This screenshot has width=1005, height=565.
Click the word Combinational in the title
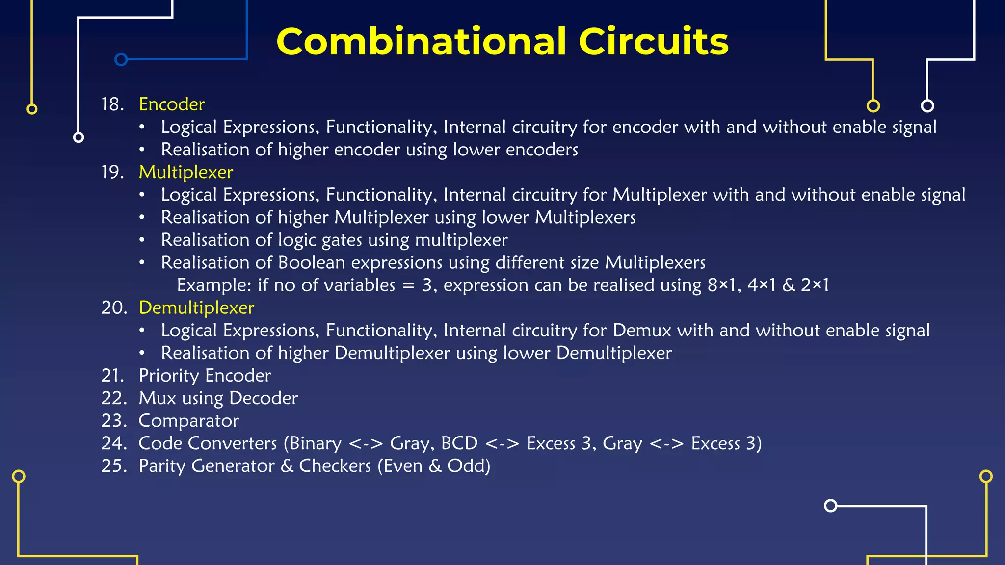click(421, 42)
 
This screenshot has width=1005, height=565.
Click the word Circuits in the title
click(654, 42)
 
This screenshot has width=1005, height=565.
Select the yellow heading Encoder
click(172, 104)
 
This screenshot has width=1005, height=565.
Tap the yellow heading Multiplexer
click(186, 172)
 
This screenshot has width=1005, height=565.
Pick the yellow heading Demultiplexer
click(196, 308)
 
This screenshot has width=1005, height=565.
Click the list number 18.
click(112, 104)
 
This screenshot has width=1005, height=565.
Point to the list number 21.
click(112, 376)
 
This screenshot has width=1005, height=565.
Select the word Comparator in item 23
click(189, 421)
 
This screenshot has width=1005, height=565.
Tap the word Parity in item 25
click(162, 466)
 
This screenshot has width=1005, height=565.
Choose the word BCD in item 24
click(459, 443)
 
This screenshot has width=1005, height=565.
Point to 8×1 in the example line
click(723, 285)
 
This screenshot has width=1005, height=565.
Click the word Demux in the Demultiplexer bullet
click(642, 331)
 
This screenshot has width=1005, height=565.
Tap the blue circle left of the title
click(121, 59)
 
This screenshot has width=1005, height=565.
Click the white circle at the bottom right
click(830, 505)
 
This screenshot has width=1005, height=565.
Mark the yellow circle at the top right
click(873, 105)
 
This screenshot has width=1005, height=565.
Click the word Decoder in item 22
click(264, 398)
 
